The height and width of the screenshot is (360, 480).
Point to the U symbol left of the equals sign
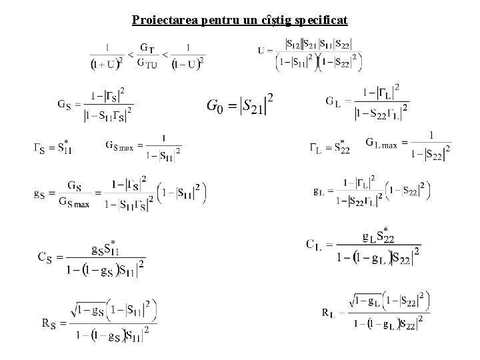click(261, 50)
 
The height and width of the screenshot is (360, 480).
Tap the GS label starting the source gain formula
click(64, 104)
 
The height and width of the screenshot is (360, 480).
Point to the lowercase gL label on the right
click(319, 191)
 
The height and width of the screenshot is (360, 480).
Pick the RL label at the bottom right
click(328, 311)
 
